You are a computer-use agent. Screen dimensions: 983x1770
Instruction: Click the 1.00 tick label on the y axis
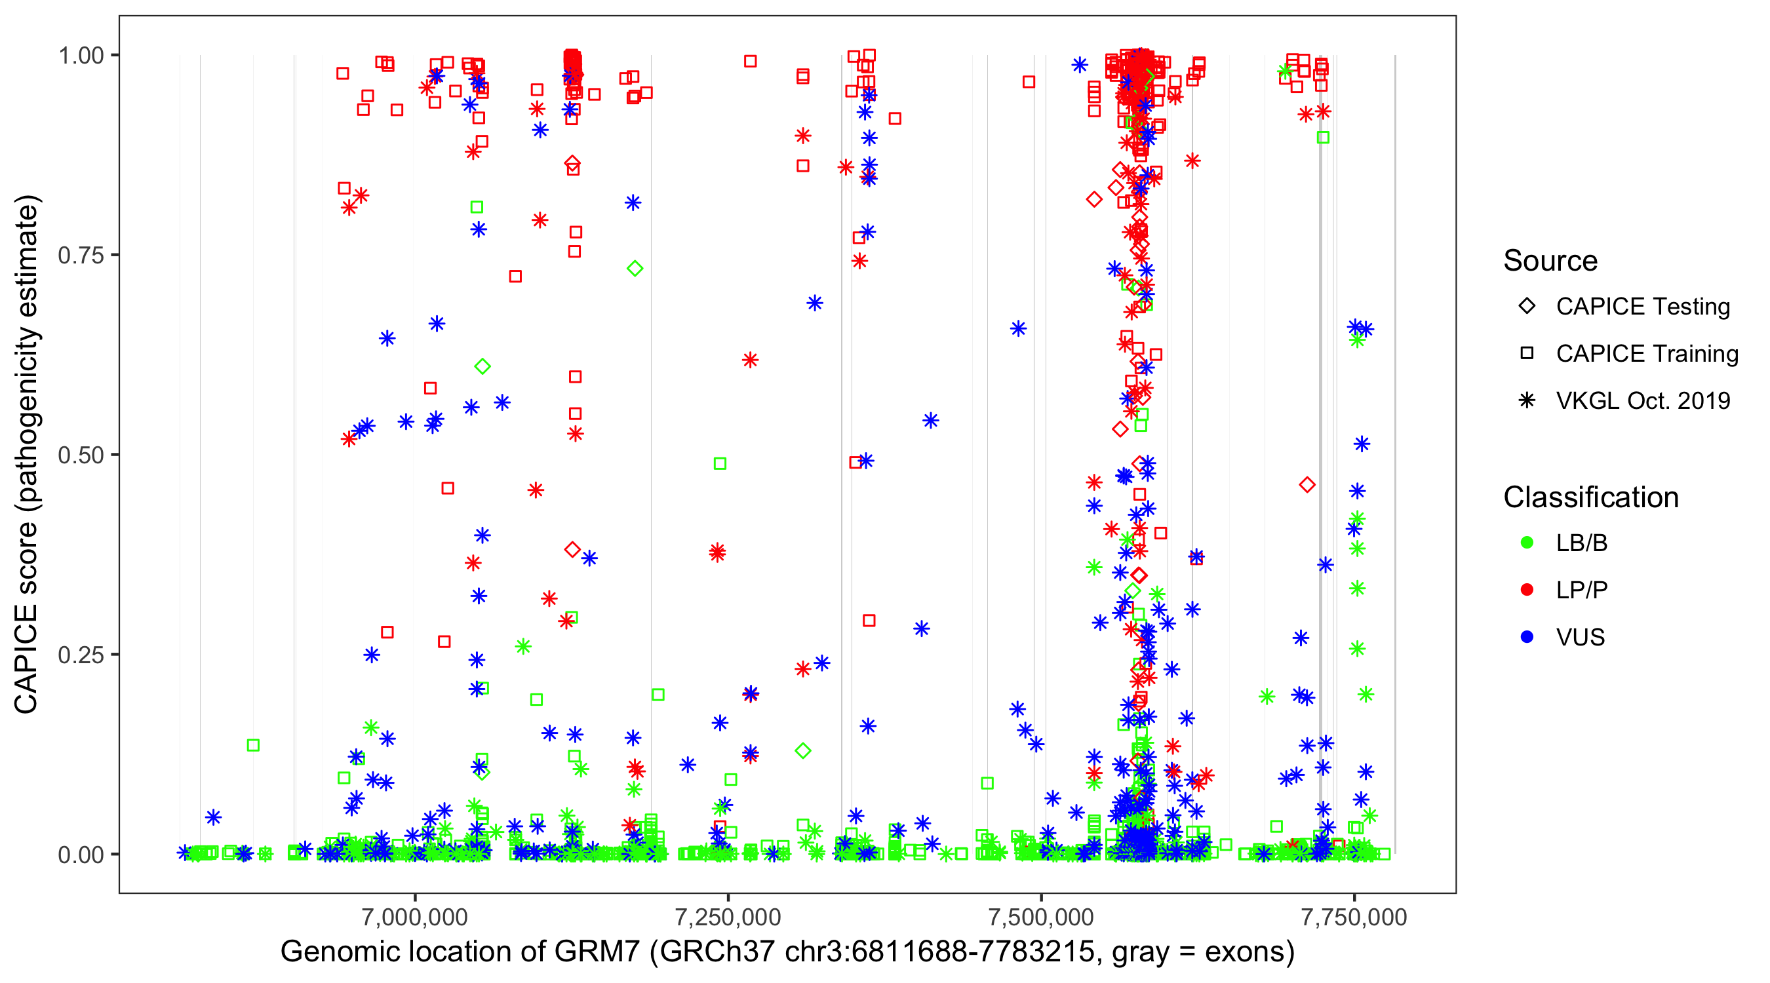[x=81, y=55]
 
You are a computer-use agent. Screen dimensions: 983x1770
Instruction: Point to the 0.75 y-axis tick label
[x=81, y=255]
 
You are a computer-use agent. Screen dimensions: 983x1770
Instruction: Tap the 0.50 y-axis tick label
[x=81, y=455]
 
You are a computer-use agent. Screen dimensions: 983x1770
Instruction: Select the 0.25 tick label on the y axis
[x=81, y=655]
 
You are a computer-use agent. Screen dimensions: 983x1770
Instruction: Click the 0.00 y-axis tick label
[x=81, y=855]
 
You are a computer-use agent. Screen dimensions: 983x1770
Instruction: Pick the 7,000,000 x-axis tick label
[x=415, y=917]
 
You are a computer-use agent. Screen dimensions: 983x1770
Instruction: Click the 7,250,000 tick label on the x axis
[x=728, y=917]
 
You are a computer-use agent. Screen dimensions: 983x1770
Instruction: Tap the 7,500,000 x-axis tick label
[x=1042, y=917]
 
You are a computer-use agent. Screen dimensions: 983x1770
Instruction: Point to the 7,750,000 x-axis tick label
[x=1354, y=917]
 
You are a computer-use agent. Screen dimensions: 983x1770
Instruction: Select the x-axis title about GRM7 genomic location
[x=787, y=952]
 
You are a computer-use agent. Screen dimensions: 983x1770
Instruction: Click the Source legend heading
[x=1550, y=261]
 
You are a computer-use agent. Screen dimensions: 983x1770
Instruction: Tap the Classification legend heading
[x=1590, y=497]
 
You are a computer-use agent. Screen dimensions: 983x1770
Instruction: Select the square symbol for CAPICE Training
[x=1527, y=353]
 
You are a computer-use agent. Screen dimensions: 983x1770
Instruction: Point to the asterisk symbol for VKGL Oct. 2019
[x=1527, y=400]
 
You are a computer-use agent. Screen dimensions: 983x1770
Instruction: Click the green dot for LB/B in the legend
[x=1527, y=543]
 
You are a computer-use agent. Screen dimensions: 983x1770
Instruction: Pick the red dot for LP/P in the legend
[x=1527, y=590]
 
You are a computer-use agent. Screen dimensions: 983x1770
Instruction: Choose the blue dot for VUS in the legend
[x=1527, y=637]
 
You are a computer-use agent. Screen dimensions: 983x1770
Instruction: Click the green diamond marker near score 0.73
[x=635, y=269]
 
